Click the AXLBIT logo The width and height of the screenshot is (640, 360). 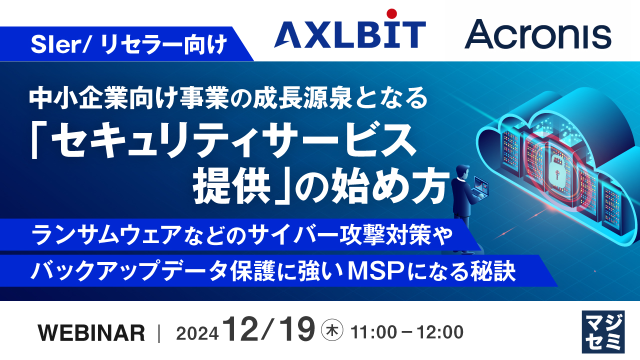point(349,34)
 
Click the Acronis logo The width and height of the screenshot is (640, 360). point(537,34)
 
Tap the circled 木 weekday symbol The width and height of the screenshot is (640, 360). point(331,331)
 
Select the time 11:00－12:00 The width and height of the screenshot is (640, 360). point(407,331)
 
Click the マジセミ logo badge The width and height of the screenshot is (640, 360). point(603,331)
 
